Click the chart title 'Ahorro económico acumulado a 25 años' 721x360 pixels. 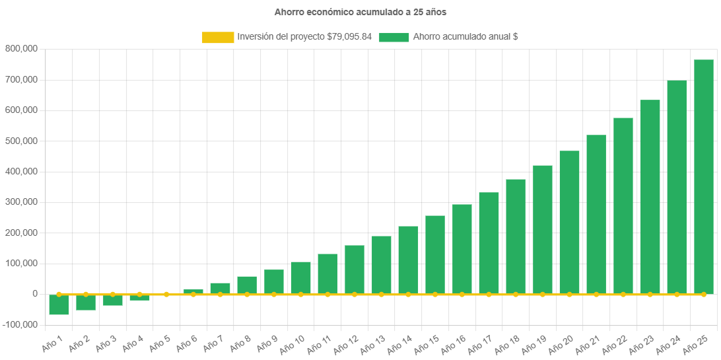[360, 12]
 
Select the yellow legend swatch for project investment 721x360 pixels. [218, 37]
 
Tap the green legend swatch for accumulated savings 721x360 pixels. [394, 37]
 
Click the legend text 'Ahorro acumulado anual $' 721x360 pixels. [465, 37]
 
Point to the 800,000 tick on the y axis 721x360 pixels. [21, 49]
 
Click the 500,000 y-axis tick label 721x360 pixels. [21, 141]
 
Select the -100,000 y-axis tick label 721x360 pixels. [21, 325]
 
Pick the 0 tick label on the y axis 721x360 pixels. [34, 294]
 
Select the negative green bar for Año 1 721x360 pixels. [59, 305]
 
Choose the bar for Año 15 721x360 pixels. [434, 254]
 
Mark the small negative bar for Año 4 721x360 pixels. [139, 298]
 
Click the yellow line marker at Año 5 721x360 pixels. [166, 294]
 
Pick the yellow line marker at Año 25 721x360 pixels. [704, 294]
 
